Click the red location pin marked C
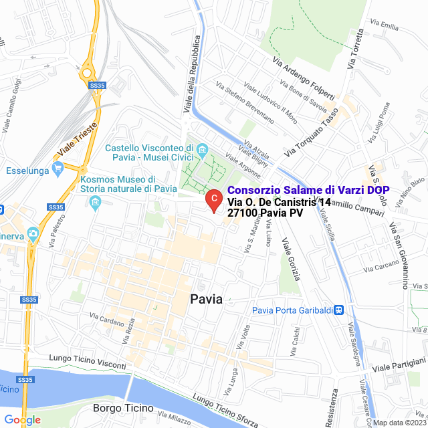pyautogui.click(x=213, y=199)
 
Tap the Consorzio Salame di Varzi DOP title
pyautogui.click(x=313, y=190)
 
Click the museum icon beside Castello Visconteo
pyautogui.click(x=203, y=148)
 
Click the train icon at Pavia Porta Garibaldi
pyautogui.click(x=339, y=310)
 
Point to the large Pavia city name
pyautogui.click(x=206, y=299)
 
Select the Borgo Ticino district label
pyautogui.click(x=123, y=408)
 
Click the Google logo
pyautogui.click(x=22, y=420)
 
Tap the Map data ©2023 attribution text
pyautogui.click(x=399, y=423)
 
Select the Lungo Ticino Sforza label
pyautogui.click(x=225, y=409)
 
